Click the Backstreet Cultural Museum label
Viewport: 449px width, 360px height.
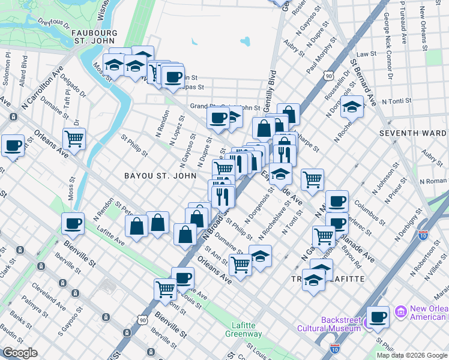328,324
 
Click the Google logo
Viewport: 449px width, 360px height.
20,353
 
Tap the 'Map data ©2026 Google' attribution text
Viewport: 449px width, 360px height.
412,355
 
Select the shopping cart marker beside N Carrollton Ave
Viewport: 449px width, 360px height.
74,138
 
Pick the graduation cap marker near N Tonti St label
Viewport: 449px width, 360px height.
352,107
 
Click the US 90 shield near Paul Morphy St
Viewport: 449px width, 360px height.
327,76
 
